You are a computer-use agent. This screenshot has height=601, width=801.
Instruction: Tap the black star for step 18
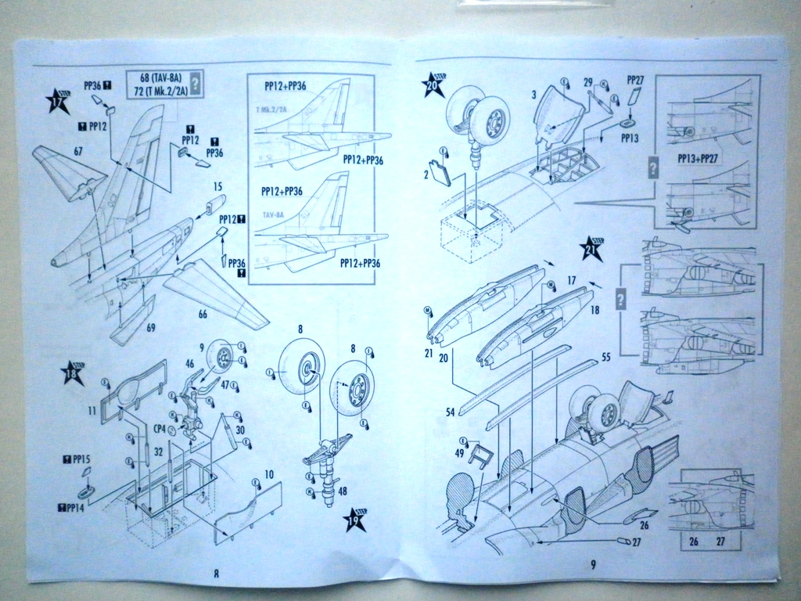73,373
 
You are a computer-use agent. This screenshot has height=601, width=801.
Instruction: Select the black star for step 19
354,520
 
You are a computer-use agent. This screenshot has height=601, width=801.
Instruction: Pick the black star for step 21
592,248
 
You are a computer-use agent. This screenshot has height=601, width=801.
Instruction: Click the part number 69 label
150,327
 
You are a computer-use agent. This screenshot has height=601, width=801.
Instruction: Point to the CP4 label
160,428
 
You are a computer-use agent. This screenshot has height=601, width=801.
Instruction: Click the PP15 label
78,461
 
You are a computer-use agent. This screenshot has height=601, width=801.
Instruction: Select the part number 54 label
451,411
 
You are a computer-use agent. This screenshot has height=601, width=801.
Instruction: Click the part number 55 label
605,358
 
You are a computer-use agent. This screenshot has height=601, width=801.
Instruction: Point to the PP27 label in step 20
635,81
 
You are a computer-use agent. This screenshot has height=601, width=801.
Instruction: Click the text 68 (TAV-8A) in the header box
160,77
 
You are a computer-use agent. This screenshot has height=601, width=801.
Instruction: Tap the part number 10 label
268,474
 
